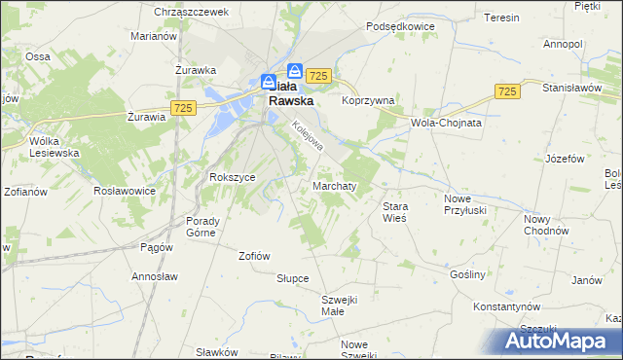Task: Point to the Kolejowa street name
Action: pos(306,134)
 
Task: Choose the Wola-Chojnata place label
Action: pos(448,124)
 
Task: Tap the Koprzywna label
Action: pos(368,100)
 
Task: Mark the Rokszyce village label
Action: pos(232,177)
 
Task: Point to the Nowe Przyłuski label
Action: pos(464,205)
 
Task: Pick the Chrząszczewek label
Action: pos(191,12)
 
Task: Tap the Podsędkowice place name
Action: pos(399,27)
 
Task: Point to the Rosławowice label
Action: pos(125,191)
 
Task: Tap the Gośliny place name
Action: pos(467,274)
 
